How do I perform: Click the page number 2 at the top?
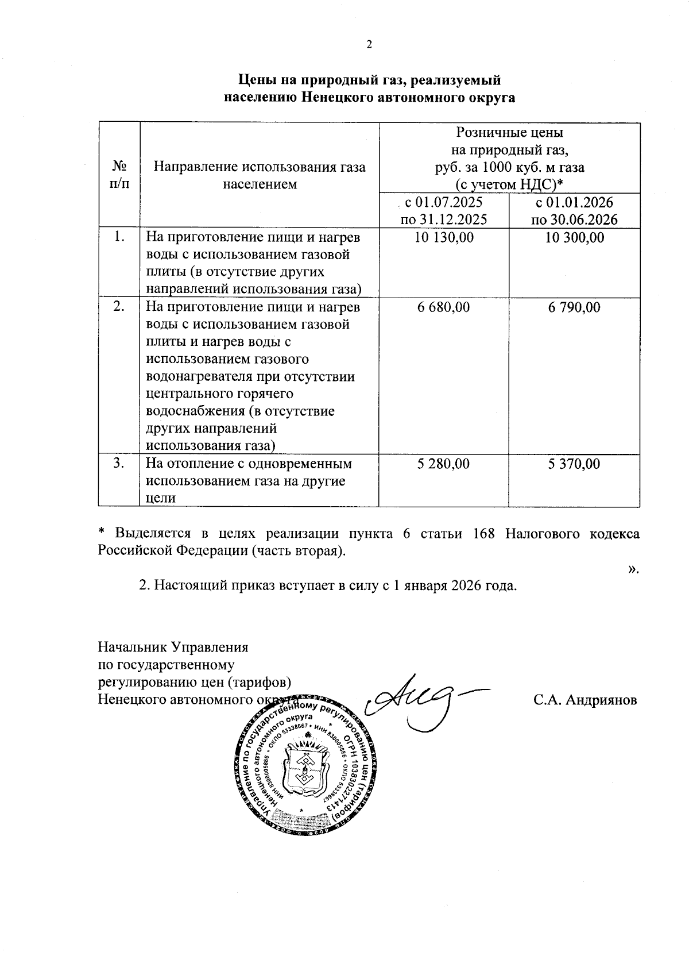click(369, 45)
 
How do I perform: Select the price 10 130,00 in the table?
click(444, 237)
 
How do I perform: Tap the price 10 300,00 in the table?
click(574, 237)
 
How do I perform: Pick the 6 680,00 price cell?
click(443, 307)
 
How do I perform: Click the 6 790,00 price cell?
click(574, 307)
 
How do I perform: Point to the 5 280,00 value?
click(443, 464)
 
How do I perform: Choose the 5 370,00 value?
click(574, 464)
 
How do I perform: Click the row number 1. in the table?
click(119, 236)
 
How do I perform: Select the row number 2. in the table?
click(119, 306)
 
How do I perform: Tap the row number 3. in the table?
click(119, 463)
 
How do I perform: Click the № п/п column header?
click(119, 175)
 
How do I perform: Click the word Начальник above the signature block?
click(133, 648)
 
